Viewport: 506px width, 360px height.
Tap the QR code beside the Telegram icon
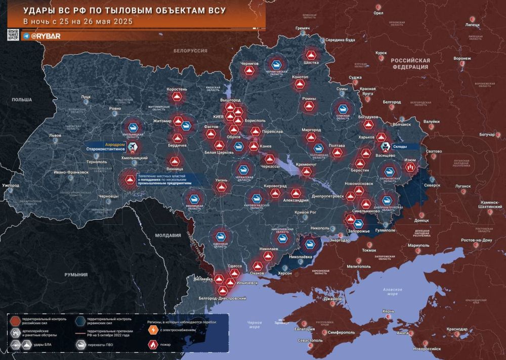[x=13, y=35]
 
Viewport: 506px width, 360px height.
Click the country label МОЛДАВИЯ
[x=168, y=235]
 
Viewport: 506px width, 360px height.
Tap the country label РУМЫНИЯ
[x=76, y=274]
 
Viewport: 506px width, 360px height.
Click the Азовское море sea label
[x=386, y=291]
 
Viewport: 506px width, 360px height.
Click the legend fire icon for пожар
[x=152, y=344]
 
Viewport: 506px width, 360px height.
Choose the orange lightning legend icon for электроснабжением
[x=152, y=330]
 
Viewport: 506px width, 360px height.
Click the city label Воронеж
[x=462, y=58]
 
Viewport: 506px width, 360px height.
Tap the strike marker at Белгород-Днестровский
[x=222, y=290]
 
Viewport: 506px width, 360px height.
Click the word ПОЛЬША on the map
[x=22, y=100]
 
